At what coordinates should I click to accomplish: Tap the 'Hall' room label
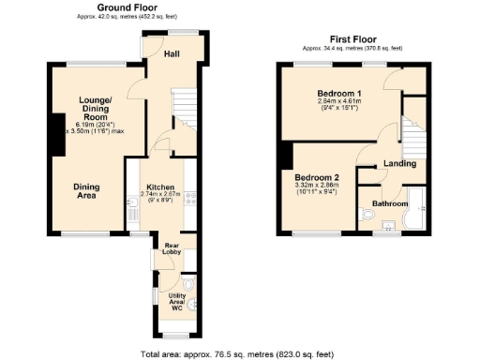click(x=172, y=54)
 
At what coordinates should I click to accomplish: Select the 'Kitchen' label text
click(x=158, y=187)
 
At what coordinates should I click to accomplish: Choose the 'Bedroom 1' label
click(x=337, y=93)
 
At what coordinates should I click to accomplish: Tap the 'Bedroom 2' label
click(x=316, y=178)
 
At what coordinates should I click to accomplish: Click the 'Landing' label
click(x=400, y=165)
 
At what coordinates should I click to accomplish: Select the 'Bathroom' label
click(x=390, y=203)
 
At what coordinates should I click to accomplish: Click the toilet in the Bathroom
click(x=367, y=215)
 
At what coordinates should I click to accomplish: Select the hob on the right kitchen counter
click(x=188, y=197)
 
